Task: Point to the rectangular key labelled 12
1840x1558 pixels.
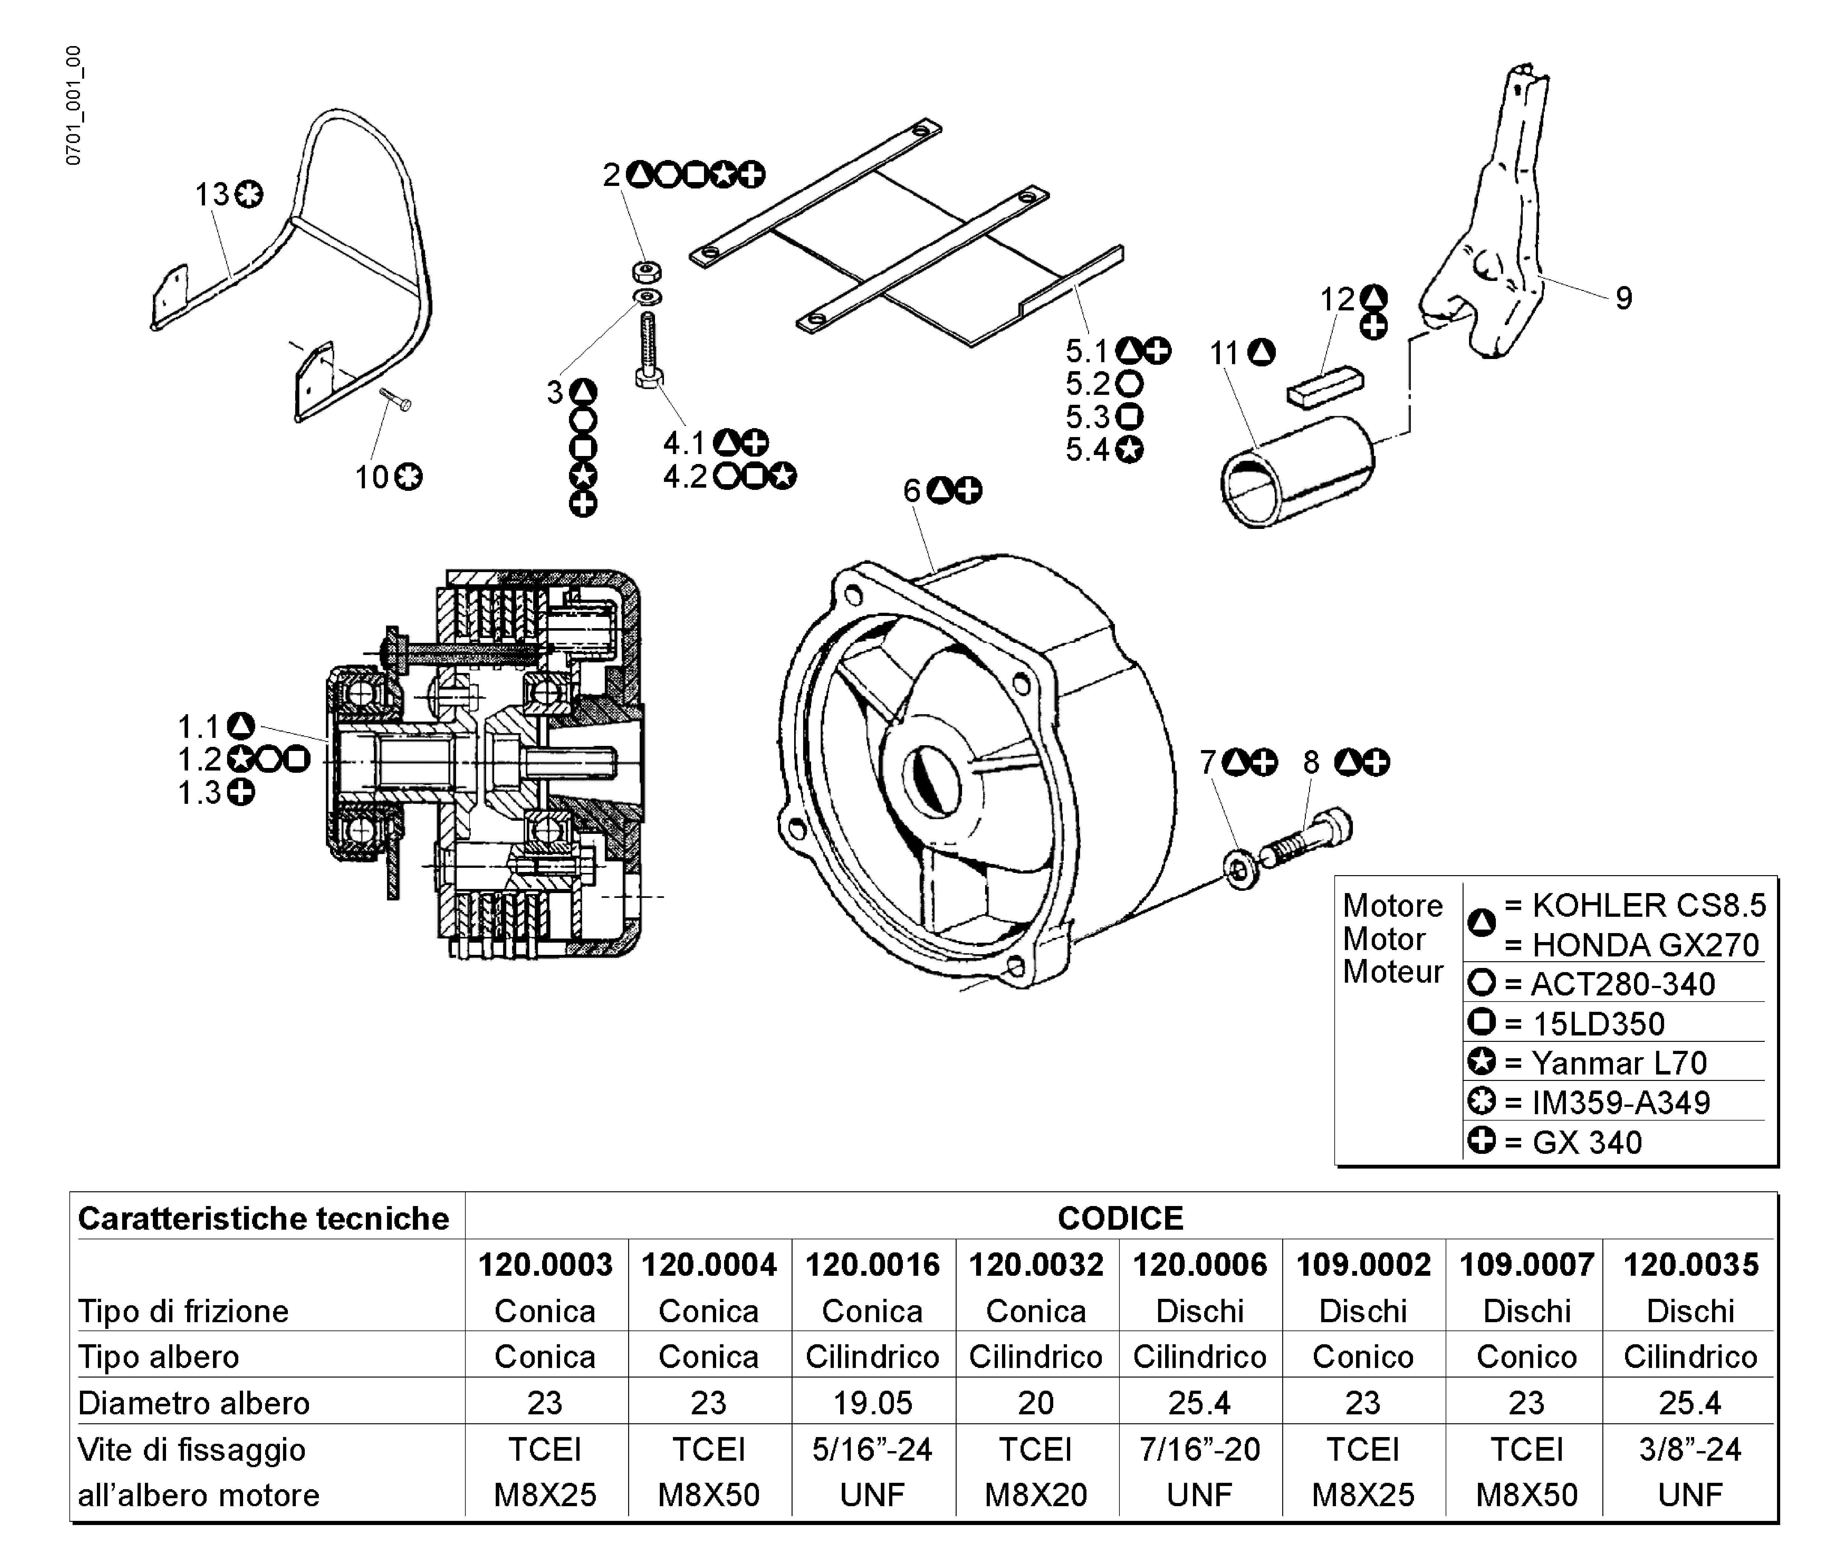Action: point(1324,386)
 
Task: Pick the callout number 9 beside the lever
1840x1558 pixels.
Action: point(1623,299)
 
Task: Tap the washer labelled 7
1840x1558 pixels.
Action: point(1242,870)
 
